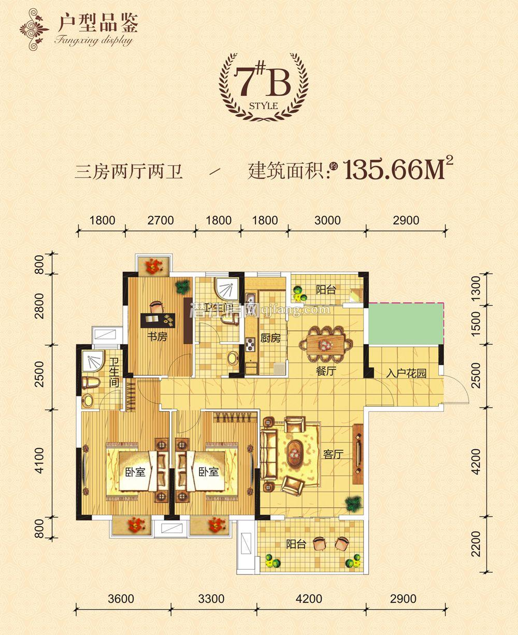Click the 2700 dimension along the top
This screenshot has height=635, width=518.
(160, 220)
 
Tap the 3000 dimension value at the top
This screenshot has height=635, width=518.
(327, 220)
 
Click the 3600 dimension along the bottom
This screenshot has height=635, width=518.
(122, 599)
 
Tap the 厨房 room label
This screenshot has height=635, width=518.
(270, 339)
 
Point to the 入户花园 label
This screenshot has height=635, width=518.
(406, 373)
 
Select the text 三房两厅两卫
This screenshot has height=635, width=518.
(129, 171)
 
